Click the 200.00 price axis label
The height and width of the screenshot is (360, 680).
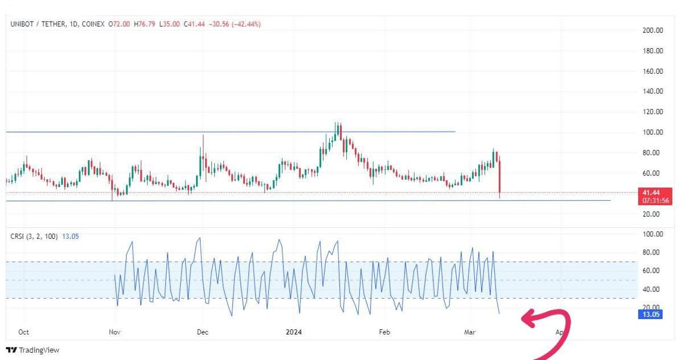pyautogui.click(x=653, y=31)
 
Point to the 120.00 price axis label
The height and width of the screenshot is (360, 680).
pyautogui.click(x=653, y=112)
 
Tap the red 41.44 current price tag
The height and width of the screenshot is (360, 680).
pyautogui.click(x=653, y=193)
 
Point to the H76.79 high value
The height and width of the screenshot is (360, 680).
pyautogui.click(x=144, y=24)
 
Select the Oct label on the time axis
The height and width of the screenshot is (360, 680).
pyautogui.click(x=24, y=332)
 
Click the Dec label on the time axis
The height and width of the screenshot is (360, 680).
pyautogui.click(x=202, y=332)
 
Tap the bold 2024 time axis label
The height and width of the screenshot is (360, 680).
pyautogui.click(x=294, y=332)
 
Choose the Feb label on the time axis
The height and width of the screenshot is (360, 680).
pyautogui.click(x=385, y=332)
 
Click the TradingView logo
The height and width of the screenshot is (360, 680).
pyautogui.click(x=32, y=350)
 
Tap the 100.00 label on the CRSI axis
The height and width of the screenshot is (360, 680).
pyautogui.click(x=653, y=234)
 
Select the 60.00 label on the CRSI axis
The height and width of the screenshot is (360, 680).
pyautogui.click(x=653, y=270)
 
